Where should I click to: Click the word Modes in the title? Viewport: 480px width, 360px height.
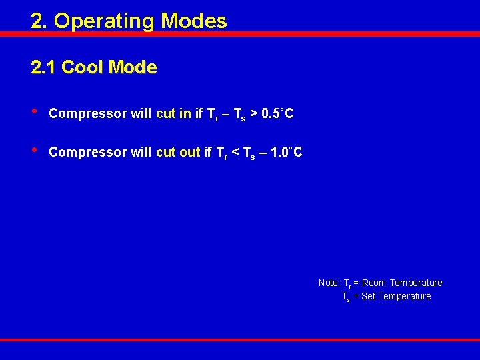click(x=193, y=21)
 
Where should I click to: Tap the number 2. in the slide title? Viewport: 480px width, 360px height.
click(x=39, y=21)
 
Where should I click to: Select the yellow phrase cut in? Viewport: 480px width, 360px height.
click(x=173, y=113)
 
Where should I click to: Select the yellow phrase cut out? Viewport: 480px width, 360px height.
click(x=178, y=152)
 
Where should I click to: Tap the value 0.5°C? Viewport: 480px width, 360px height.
click(x=278, y=113)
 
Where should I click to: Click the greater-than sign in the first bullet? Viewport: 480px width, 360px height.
click(x=254, y=114)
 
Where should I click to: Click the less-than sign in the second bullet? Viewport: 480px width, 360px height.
click(x=235, y=153)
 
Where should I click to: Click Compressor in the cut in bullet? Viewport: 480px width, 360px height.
click(x=88, y=113)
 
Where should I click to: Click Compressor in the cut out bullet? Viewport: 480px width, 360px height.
click(x=88, y=152)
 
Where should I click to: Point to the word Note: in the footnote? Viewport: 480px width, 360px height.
click(x=329, y=283)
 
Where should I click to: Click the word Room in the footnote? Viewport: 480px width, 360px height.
click(x=374, y=283)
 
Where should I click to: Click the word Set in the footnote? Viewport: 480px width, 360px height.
click(x=368, y=296)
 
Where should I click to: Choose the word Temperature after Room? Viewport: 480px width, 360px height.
click(x=416, y=283)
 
